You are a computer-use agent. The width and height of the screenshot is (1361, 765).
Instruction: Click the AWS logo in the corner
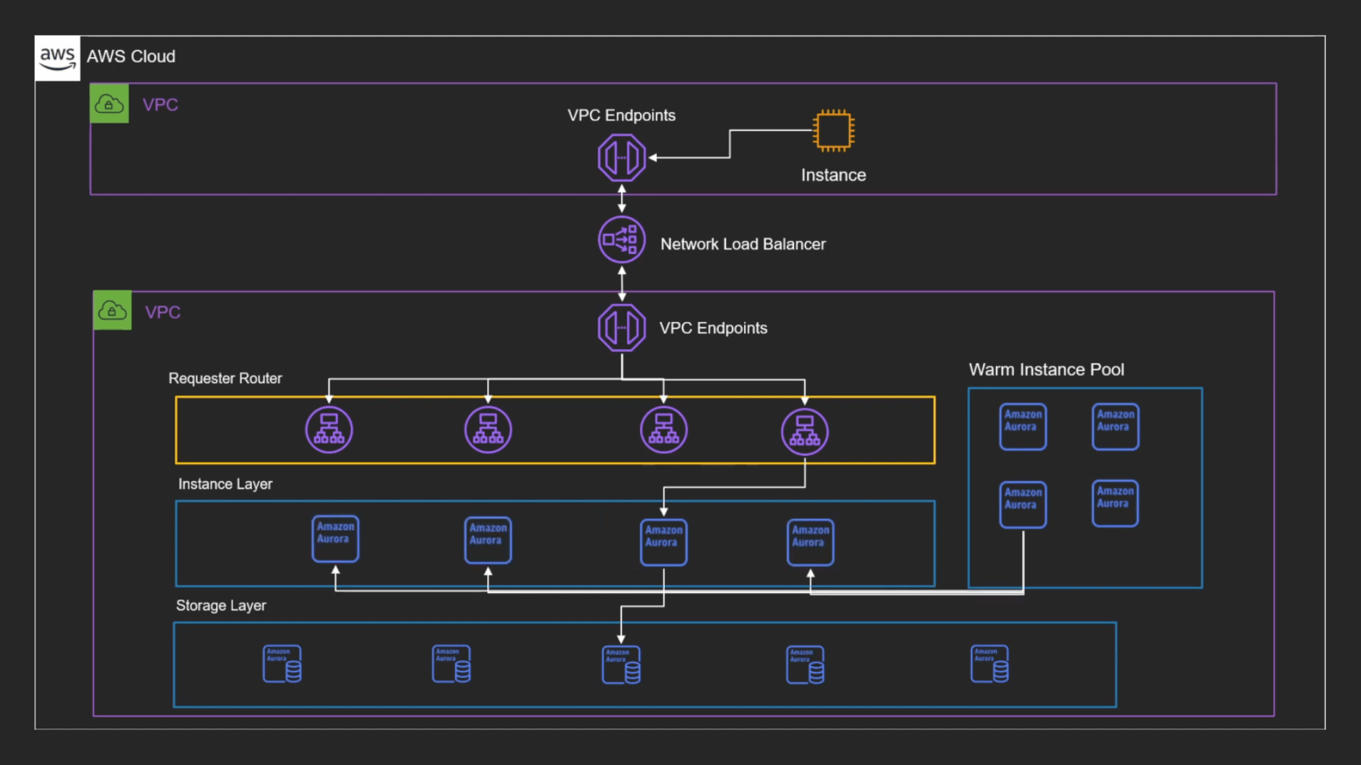pos(57,58)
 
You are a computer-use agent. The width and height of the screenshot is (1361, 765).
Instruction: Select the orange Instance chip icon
pos(833,131)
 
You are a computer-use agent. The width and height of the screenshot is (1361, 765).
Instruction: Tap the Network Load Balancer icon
pos(621,240)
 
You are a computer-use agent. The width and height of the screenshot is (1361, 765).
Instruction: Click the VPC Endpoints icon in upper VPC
pos(621,158)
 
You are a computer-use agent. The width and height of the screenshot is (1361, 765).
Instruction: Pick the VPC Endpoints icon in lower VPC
pos(621,328)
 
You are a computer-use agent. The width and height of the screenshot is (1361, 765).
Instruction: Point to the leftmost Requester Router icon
pos(329,430)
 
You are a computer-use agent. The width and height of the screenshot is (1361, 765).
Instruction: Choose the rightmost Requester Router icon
pos(805,431)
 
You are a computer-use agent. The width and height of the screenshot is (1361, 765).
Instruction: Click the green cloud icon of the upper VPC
pos(109,103)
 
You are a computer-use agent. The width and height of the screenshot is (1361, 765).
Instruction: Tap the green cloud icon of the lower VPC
pos(112,310)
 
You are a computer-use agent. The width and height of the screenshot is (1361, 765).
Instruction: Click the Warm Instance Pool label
pos(1046,370)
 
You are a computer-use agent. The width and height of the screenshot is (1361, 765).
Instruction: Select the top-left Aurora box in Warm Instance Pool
pos(1022,426)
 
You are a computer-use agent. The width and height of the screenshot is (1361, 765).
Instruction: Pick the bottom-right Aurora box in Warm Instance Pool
pos(1114,503)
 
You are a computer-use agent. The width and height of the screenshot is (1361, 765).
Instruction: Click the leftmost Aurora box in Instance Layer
pos(335,539)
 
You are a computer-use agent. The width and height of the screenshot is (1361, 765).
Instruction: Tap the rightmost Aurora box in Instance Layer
pos(810,542)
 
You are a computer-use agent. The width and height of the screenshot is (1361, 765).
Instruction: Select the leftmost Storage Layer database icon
pos(282,664)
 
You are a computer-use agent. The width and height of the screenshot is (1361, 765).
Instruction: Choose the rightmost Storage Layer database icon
pos(989,664)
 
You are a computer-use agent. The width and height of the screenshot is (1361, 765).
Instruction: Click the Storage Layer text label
pos(220,606)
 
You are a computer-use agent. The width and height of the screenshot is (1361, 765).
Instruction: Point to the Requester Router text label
pos(225,378)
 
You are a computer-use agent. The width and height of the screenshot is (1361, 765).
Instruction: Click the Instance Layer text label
pos(225,484)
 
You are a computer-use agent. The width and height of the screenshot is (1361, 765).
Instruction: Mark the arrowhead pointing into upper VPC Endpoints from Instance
pos(653,158)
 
